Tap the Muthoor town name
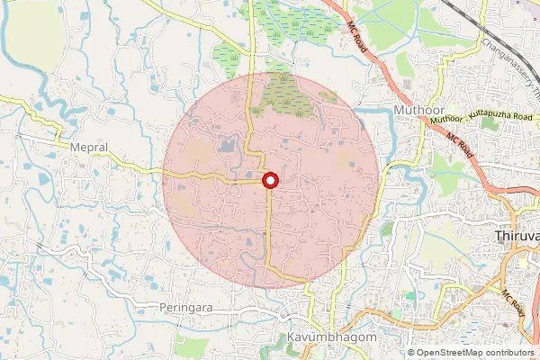(419, 110)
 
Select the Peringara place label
(185, 307)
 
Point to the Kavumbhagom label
(325, 337)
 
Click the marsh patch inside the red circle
(287, 97)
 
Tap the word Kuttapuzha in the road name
(482, 118)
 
